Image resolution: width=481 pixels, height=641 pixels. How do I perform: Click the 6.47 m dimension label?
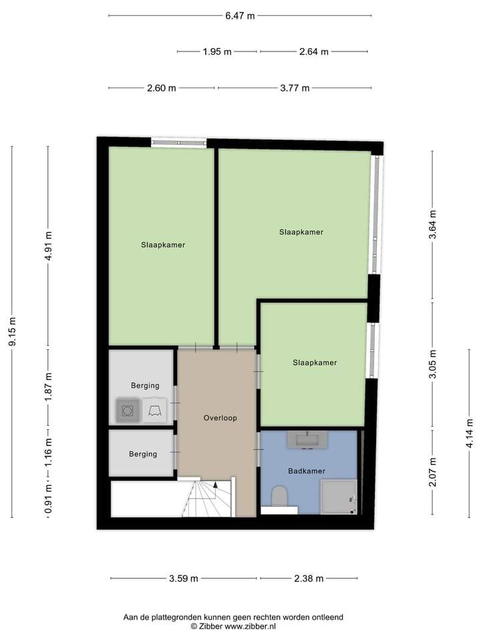[x=240, y=16]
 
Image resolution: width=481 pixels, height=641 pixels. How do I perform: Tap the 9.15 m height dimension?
[x=12, y=331]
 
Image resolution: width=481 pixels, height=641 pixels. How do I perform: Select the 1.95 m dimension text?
[x=216, y=51]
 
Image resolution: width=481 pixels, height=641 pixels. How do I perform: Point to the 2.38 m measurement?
[x=309, y=578]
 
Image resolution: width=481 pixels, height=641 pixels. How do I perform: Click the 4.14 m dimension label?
[x=470, y=433]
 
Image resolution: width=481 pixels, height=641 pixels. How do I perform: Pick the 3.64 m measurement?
[x=433, y=224]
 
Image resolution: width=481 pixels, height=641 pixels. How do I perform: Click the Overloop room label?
[x=220, y=418]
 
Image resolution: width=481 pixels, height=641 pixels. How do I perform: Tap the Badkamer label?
[x=307, y=471]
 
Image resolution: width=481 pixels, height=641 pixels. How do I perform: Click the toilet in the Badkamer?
[x=280, y=496]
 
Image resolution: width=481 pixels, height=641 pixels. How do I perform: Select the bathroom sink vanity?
[x=307, y=440]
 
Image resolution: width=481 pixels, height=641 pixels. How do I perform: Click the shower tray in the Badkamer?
[x=339, y=497]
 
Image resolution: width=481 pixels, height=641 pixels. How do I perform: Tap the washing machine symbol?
[x=128, y=410]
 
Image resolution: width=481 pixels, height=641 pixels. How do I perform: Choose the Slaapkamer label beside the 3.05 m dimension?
[x=315, y=363]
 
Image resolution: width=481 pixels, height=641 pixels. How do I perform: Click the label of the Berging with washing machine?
[x=145, y=385]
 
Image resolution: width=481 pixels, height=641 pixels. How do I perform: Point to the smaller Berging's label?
[x=143, y=454]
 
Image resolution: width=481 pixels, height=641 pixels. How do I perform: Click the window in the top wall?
[x=179, y=143]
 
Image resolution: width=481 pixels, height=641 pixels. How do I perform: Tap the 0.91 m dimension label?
[x=49, y=499]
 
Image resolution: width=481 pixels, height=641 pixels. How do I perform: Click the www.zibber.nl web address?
[x=251, y=626]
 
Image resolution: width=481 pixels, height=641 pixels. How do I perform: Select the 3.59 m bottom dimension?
[x=184, y=578]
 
